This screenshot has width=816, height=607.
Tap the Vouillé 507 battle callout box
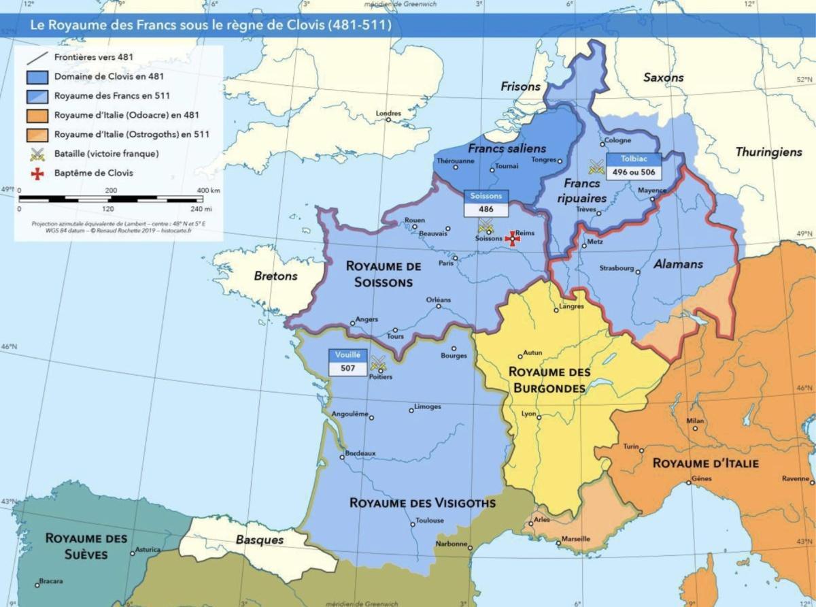(x=347, y=361)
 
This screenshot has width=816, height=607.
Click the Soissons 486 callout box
(x=486, y=203)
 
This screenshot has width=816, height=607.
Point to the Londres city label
(x=388, y=113)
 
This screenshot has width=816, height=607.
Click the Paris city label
(x=446, y=263)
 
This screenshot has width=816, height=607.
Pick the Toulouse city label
(x=430, y=521)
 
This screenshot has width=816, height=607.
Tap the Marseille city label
(x=575, y=539)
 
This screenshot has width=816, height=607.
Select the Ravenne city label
(x=795, y=478)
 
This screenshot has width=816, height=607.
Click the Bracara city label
(x=50, y=580)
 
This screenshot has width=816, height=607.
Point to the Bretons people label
(x=276, y=276)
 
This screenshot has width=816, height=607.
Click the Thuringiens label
(x=768, y=152)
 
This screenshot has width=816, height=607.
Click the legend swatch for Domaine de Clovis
(x=38, y=77)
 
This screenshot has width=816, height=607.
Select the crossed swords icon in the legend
(x=38, y=154)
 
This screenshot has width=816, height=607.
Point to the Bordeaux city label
(x=360, y=453)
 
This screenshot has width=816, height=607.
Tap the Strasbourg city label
(x=616, y=267)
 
